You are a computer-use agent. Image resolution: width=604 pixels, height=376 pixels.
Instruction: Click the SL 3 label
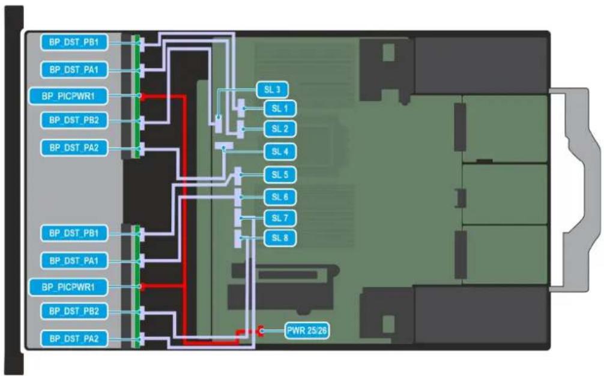point(272,89)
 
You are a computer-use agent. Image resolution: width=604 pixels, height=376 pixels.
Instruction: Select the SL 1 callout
point(280,109)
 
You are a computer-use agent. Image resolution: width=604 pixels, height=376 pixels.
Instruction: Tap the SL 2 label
point(280,129)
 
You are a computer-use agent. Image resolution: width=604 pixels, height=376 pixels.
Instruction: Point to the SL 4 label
point(280,151)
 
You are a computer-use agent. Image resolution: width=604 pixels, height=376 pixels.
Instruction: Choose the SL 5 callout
point(280,175)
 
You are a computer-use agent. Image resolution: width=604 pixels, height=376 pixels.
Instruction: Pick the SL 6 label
point(280,197)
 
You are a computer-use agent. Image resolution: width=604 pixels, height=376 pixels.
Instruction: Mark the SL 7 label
point(280,217)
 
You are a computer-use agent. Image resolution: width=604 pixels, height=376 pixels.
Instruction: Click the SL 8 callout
point(280,238)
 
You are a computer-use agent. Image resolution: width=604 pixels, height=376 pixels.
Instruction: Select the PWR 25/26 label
point(307,330)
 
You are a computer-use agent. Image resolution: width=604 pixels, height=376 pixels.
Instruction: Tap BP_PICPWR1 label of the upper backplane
point(68,96)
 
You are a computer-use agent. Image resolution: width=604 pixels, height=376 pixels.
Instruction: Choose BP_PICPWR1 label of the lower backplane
point(68,287)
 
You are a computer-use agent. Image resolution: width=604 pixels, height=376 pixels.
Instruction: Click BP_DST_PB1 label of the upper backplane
point(74,42)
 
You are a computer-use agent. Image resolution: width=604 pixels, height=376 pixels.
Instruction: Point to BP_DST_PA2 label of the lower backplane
point(74,339)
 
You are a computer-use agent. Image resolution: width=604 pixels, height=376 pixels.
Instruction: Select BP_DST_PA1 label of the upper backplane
point(74,70)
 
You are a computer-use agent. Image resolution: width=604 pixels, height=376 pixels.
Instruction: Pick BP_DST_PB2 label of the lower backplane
point(74,311)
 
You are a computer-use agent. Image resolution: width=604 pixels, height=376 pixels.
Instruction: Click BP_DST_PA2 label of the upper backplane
point(74,148)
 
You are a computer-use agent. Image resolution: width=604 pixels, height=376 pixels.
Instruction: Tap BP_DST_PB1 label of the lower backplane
point(74,233)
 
